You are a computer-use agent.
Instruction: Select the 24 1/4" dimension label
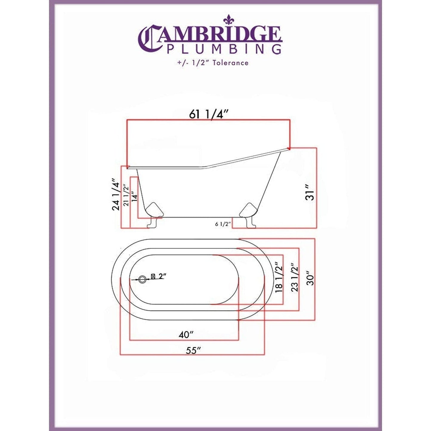pos(116,194)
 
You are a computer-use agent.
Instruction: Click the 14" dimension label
pos(135,197)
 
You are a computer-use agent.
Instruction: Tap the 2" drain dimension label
pos(162,276)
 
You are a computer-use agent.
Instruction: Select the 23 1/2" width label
pos(294,277)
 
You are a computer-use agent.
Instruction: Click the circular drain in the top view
pos(143,279)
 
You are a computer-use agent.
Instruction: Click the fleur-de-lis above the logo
pos(228,20)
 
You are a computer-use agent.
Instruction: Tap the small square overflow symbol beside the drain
pos(153,276)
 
